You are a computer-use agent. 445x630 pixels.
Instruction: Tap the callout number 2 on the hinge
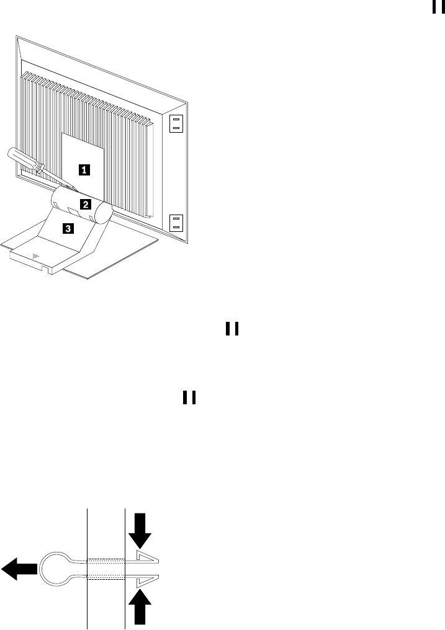87,203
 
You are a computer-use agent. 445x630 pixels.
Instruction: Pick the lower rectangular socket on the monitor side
177,223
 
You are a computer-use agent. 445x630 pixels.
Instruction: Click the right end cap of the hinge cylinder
104,213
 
